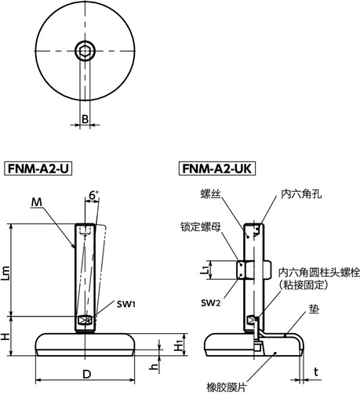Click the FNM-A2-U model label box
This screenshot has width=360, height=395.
[x=38, y=169]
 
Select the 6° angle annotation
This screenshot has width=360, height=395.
[x=94, y=194]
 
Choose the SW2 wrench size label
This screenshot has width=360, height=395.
[x=209, y=303]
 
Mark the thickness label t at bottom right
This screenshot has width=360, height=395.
[x=316, y=371]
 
